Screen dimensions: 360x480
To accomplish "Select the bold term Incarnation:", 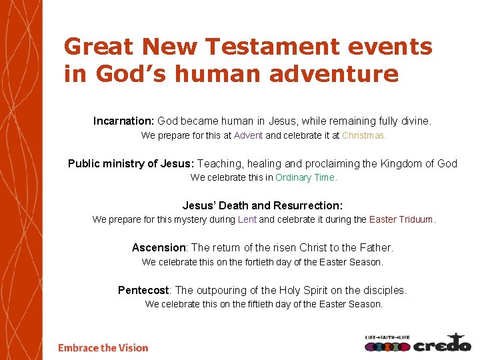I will (124, 121).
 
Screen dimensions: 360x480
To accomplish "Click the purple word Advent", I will (248, 135).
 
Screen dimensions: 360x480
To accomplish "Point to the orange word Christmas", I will (364, 135).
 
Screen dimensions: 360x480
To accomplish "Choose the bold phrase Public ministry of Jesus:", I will (131, 164).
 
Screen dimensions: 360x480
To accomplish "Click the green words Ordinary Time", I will (306, 177).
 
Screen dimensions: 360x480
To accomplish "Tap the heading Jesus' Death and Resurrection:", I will (263, 206).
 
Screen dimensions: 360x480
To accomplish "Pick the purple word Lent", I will (247, 219).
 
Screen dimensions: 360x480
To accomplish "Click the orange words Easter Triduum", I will (401, 219).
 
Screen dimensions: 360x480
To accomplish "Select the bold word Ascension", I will (158, 248).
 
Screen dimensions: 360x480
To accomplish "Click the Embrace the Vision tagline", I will (103, 347).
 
